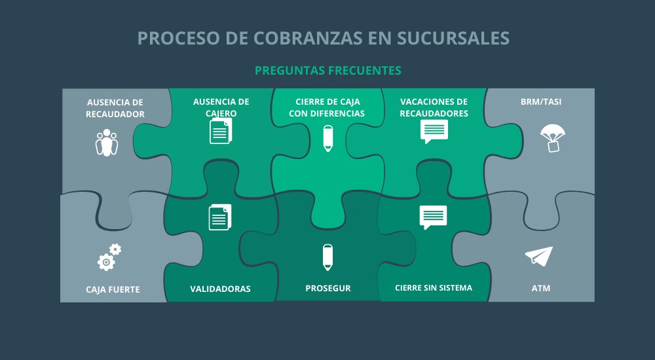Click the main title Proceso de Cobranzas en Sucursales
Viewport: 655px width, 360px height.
tap(324, 38)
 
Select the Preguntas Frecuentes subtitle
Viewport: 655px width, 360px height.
tap(327, 70)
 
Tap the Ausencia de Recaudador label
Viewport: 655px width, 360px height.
tap(115, 108)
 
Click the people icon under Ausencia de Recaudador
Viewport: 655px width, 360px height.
tap(107, 143)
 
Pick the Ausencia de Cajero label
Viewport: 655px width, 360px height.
tap(221, 107)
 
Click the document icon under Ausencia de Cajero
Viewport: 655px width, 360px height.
tap(221, 131)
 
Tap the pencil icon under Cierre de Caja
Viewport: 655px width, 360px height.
tap(327, 138)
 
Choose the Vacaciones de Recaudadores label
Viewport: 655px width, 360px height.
tap(434, 107)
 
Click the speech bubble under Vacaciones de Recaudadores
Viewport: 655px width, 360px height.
tap(434, 132)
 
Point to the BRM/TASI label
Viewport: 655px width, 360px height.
tap(540, 102)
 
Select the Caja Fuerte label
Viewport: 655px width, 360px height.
tap(113, 289)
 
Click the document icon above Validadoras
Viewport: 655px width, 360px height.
tap(220, 217)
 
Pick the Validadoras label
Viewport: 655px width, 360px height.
tap(220, 289)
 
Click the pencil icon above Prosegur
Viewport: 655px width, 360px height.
tap(327, 257)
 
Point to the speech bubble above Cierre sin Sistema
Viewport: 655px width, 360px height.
tap(433, 217)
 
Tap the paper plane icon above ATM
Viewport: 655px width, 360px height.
tap(539, 256)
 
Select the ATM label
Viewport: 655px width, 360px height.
tap(541, 288)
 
